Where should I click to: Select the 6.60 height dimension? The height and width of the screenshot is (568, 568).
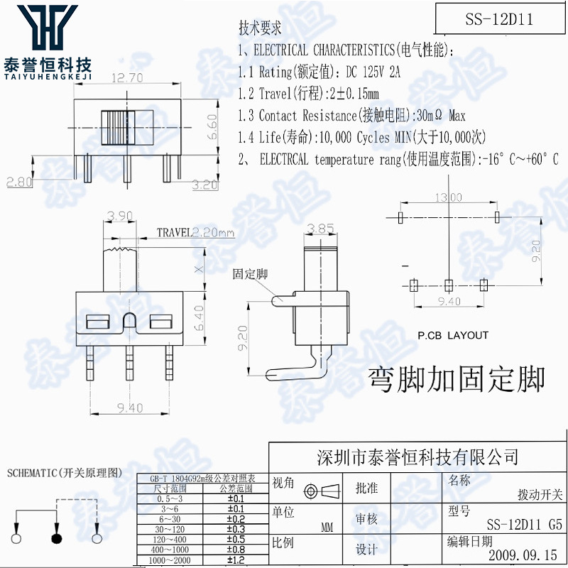[211, 125]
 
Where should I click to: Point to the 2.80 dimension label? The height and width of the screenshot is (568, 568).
[19, 182]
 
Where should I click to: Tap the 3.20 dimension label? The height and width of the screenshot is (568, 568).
[206, 185]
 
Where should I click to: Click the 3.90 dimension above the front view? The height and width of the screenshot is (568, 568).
[118, 215]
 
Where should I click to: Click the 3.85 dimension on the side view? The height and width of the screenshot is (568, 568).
[322, 229]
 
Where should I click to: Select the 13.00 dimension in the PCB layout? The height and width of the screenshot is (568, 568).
[448, 197]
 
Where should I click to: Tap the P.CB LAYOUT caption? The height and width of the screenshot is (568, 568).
[453, 335]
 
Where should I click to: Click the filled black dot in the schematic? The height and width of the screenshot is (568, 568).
[55, 538]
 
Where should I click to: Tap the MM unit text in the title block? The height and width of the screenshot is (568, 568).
[327, 528]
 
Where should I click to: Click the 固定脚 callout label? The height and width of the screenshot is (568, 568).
[251, 273]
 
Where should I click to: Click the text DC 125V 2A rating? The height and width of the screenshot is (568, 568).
[373, 72]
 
